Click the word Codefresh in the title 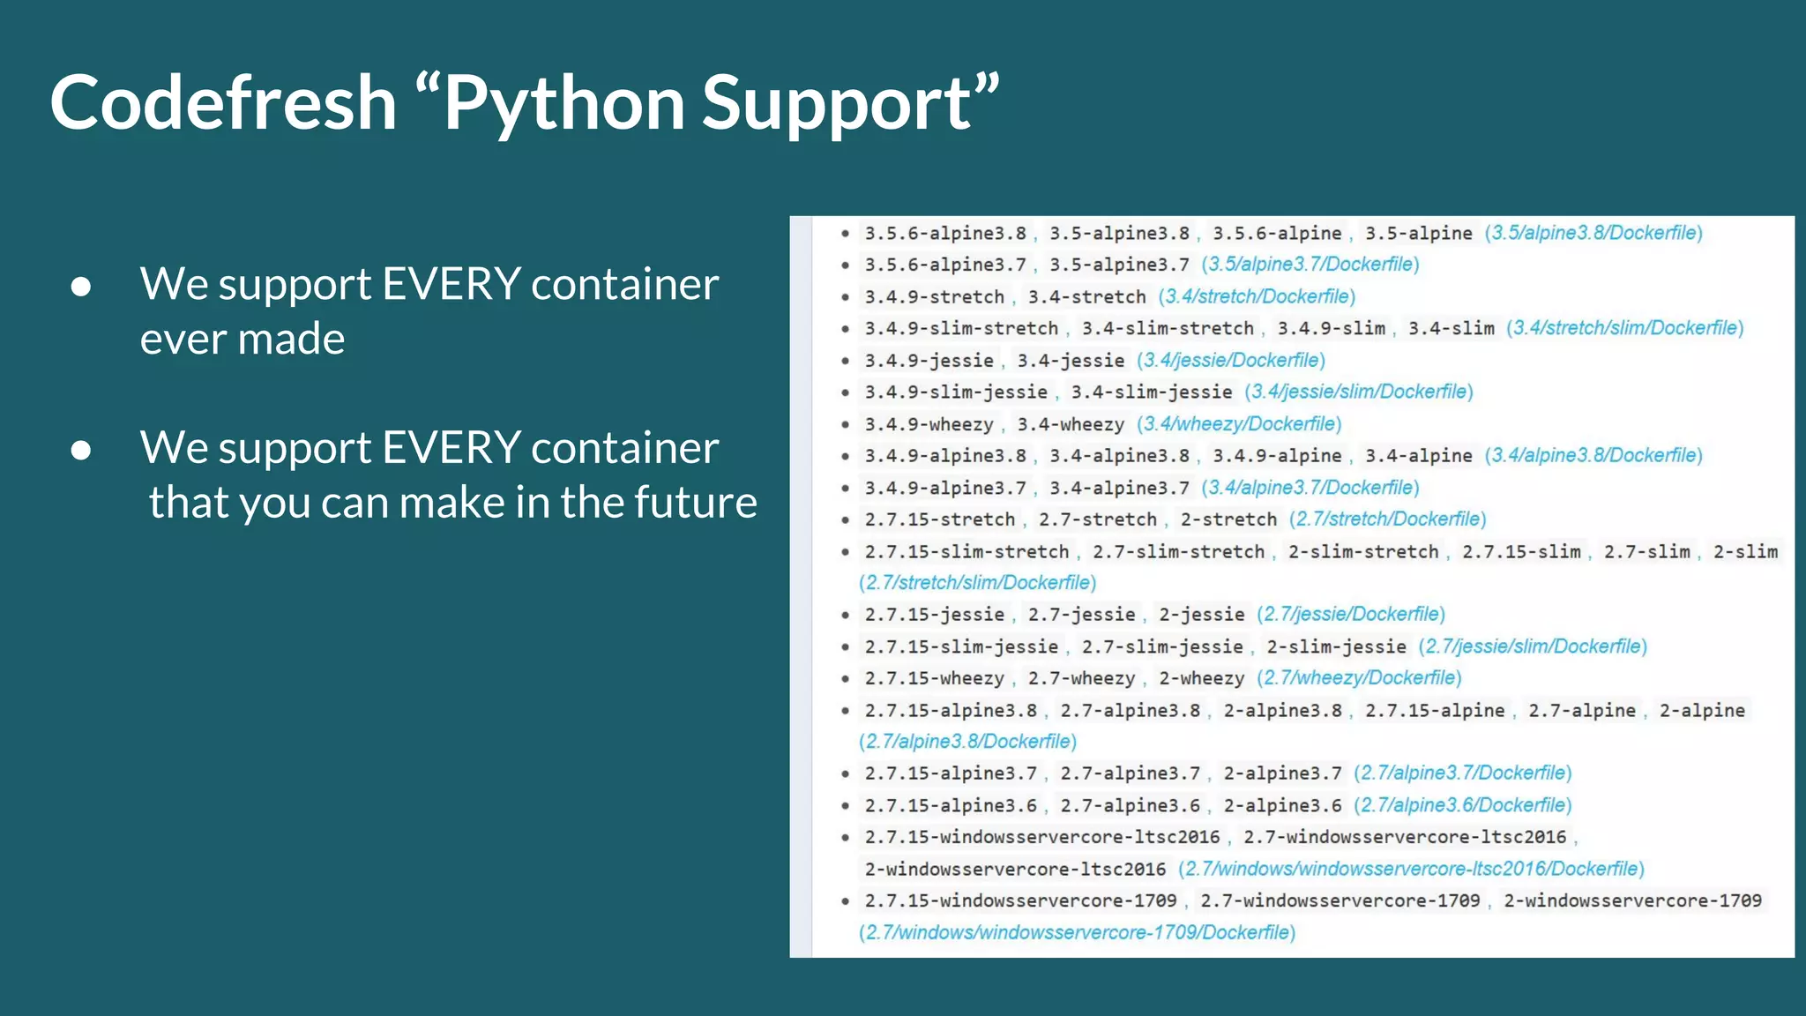[223, 103]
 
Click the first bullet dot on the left [81, 286]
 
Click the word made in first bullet [291, 340]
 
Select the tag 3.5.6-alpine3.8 [945, 234]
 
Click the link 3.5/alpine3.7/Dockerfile [1310, 265]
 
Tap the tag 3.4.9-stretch [934, 297]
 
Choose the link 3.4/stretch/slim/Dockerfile [1624, 328]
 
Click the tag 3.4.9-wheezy [929, 424]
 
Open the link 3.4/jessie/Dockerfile [1231, 361]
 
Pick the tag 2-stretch [1228, 519]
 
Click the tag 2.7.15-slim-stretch [966, 552]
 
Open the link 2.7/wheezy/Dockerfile [1359, 678]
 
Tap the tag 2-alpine [1702, 711]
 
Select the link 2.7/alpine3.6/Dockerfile [1463, 805]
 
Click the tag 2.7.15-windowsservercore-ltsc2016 [1042, 837]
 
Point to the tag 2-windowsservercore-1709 [1632, 900]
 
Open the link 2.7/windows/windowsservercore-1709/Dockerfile [1077, 932]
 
